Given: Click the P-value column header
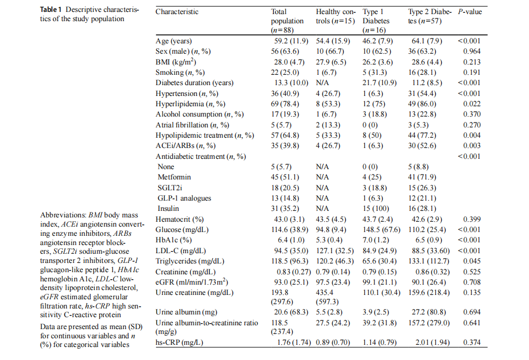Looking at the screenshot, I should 470,11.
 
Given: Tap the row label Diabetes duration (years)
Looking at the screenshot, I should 194,83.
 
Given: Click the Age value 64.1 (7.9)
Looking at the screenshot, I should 427,41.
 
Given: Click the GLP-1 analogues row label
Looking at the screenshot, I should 184,198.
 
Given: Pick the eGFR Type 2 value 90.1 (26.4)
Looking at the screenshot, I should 427,282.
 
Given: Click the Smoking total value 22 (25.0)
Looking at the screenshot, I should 287,73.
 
